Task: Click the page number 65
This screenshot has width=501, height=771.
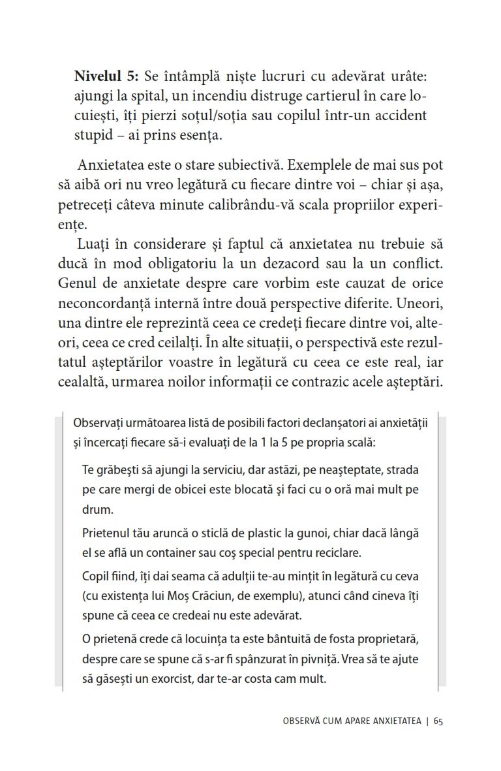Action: (x=437, y=721)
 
